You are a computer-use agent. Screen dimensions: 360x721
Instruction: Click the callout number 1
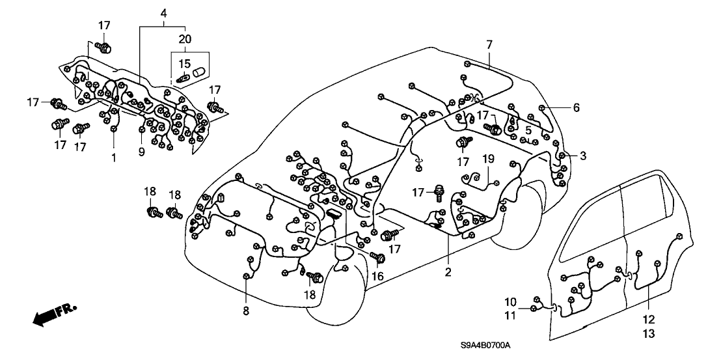tap(113, 158)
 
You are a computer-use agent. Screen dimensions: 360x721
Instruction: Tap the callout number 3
tap(584, 156)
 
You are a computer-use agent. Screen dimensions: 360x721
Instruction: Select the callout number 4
tap(163, 13)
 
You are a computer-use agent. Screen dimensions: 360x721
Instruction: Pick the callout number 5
tap(529, 130)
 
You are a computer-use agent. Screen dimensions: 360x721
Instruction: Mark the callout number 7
tap(489, 44)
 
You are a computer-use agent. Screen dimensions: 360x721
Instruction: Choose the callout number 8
tap(246, 311)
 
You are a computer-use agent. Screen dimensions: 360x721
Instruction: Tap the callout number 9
tap(142, 153)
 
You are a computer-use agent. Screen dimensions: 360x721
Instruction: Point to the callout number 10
tap(511, 301)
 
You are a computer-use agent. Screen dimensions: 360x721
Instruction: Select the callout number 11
tap(511, 315)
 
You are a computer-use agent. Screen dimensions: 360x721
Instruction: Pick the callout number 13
tap(649, 333)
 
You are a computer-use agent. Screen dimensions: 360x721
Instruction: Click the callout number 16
tap(377, 275)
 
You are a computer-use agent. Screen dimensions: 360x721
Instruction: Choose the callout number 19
tap(489, 158)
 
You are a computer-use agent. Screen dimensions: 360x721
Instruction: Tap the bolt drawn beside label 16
tap(377, 257)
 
